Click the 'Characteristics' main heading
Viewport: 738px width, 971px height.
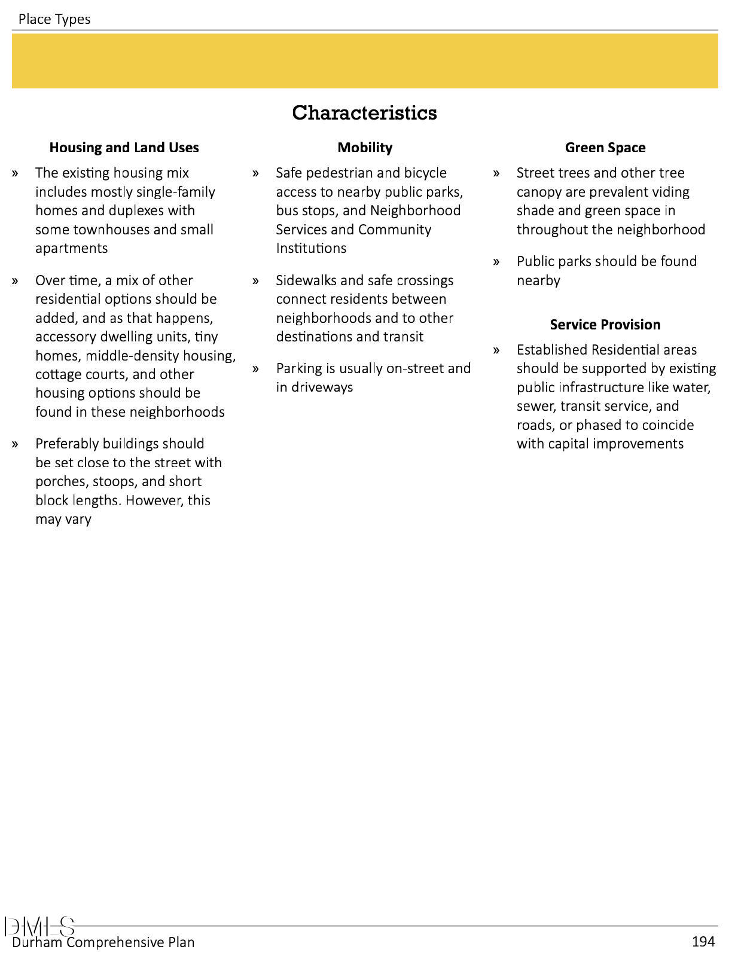[364, 112]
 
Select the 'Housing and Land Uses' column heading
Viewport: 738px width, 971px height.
[124, 147]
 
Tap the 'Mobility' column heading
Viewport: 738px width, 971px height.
[365, 147]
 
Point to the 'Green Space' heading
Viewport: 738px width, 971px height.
[605, 147]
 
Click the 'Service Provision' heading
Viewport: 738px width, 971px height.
[605, 324]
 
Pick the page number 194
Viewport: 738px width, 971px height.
[703, 942]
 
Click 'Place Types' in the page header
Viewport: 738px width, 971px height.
[54, 19]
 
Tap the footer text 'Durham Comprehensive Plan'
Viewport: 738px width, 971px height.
[103, 942]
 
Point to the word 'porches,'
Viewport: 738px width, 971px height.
[62, 481]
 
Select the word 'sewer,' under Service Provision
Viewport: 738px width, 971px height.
[536, 406]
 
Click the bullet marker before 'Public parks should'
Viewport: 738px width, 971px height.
[496, 262]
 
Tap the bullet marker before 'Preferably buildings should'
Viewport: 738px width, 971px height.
[15, 444]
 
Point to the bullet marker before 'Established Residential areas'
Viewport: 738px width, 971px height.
[496, 350]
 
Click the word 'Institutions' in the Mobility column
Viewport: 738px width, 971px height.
[311, 248]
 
